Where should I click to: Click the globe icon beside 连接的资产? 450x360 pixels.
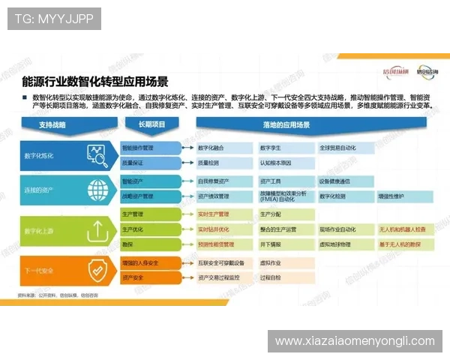[98, 188]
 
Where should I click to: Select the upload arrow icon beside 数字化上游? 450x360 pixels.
[98, 231]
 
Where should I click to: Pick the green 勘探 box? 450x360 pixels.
[149, 244]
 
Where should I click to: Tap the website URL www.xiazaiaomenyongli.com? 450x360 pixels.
[355, 341]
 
